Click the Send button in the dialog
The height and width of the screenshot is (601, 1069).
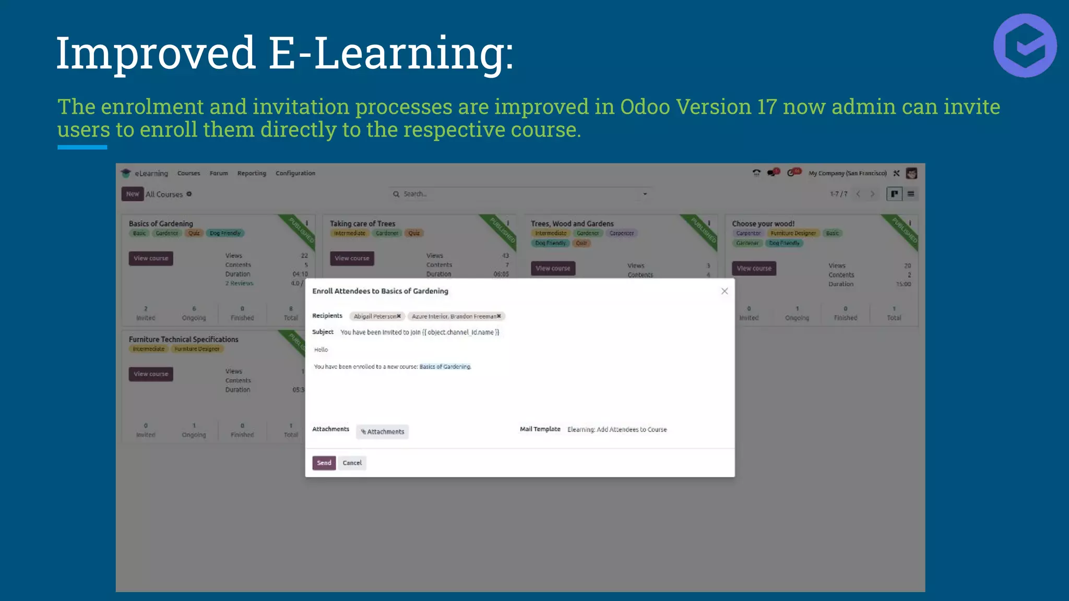click(x=324, y=463)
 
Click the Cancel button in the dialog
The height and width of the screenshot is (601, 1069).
click(x=352, y=463)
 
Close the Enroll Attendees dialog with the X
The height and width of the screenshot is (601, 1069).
click(x=724, y=291)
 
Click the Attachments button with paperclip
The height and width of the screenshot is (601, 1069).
click(x=382, y=431)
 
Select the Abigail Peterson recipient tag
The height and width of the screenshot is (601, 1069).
click(x=374, y=316)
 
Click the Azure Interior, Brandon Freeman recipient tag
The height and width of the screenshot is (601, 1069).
click(x=454, y=316)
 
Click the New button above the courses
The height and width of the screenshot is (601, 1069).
click(x=133, y=194)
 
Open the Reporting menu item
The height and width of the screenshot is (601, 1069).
click(x=252, y=173)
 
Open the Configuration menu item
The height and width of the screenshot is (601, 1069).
click(x=295, y=173)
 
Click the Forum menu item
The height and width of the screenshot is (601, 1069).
click(x=219, y=173)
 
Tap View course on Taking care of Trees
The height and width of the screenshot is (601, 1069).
click(x=352, y=258)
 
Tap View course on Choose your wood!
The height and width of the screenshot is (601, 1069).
click(x=754, y=268)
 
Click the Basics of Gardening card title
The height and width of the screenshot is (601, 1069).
click(x=161, y=223)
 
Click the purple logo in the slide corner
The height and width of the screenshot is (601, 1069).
click(x=1025, y=46)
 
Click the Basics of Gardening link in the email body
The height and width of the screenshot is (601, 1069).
click(x=445, y=367)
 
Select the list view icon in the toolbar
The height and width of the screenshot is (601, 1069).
click(x=911, y=194)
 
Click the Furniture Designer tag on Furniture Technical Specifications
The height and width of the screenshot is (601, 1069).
click(x=197, y=349)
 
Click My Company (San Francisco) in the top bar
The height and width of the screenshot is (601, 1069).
click(x=847, y=173)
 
